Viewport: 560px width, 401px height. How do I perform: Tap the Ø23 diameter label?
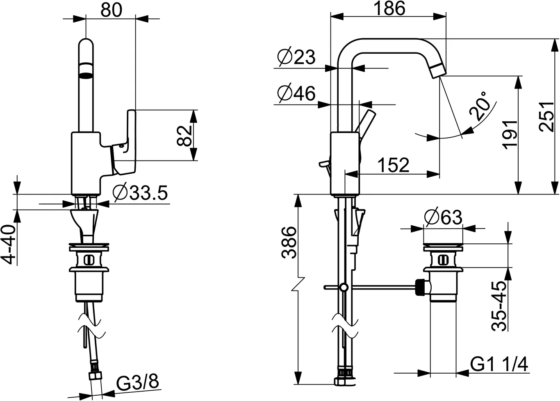click(x=296, y=57)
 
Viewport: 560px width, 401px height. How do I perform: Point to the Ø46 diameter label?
click(x=296, y=94)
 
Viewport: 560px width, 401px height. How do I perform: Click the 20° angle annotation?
click(x=480, y=106)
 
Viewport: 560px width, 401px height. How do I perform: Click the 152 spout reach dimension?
click(x=393, y=165)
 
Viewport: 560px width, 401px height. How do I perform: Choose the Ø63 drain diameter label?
click(x=443, y=217)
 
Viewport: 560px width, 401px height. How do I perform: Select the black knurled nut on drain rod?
click(x=420, y=287)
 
